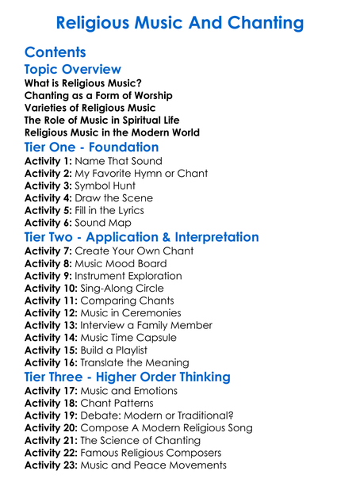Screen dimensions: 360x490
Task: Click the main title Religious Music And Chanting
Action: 180,22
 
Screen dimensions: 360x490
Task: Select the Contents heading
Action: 56,53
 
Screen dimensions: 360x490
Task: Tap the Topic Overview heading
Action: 73,70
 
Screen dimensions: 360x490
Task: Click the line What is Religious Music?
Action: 83,83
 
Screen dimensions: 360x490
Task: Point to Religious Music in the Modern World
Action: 112,132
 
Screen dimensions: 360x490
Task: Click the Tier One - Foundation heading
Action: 92,147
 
